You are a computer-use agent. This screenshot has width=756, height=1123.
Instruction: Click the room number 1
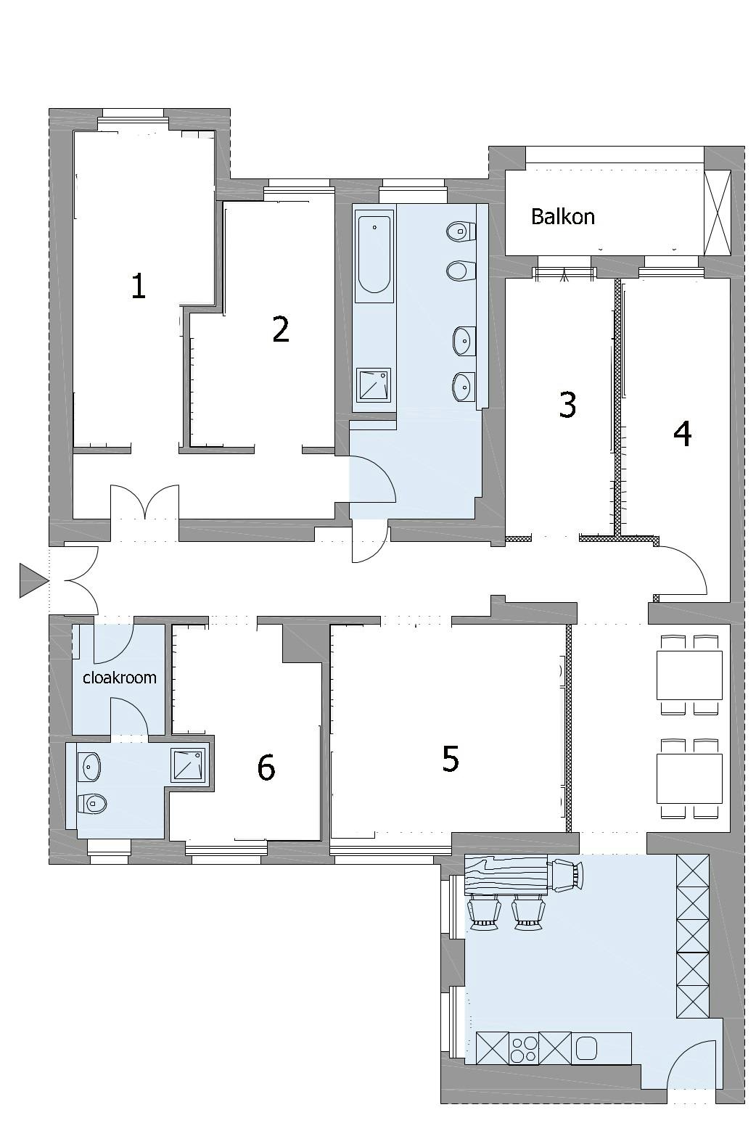(139, 286)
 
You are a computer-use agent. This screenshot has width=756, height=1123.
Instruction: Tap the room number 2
(281, 329)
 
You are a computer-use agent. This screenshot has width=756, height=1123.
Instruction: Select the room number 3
(567, 405)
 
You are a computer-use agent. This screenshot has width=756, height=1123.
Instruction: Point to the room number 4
(682, 434)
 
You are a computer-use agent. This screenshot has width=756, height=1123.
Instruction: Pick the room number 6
(266, 767)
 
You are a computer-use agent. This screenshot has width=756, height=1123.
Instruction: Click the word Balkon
(562, 217)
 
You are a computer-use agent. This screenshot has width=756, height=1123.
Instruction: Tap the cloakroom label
(120, 678)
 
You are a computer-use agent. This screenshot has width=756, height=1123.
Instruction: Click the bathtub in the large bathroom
(374, 256)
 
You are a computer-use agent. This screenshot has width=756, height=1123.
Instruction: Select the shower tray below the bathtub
(374, 385)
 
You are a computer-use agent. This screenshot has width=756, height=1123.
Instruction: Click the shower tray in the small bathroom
(188, 765)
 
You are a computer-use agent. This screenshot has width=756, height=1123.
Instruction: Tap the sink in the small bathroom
(89, 767)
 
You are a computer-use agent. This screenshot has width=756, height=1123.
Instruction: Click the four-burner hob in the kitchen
(524, 1048)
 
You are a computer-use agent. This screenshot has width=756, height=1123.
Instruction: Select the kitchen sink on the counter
(586, 1048)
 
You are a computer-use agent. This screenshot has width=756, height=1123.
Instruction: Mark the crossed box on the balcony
(718, 213)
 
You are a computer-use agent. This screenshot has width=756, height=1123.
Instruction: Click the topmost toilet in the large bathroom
(460, 231)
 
